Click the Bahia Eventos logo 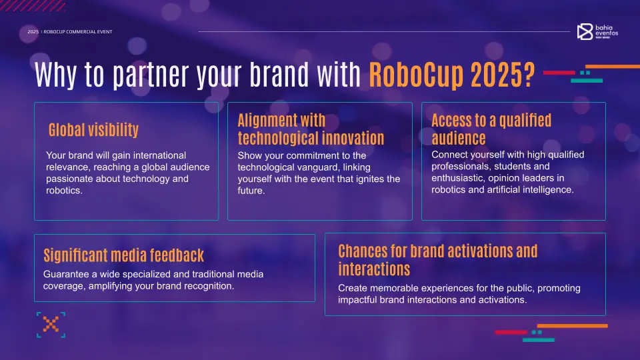pyautogui.click(x=597, y=31)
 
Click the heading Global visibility pyautogui.click(x=93, y=129)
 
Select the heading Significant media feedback pyautogui.click(x=123, y=255)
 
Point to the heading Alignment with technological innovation pyautogui.click(x=311, y=129)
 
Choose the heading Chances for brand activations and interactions pyautogui.click(x=437, y=260)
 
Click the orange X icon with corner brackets pyautogui.click(x=51, y=325)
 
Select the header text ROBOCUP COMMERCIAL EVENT pyautogui.click(x=78, y=32)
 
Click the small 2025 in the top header pyautogui.click(x=33, y=32)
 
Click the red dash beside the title pyautogui.click(x=559, y=72)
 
